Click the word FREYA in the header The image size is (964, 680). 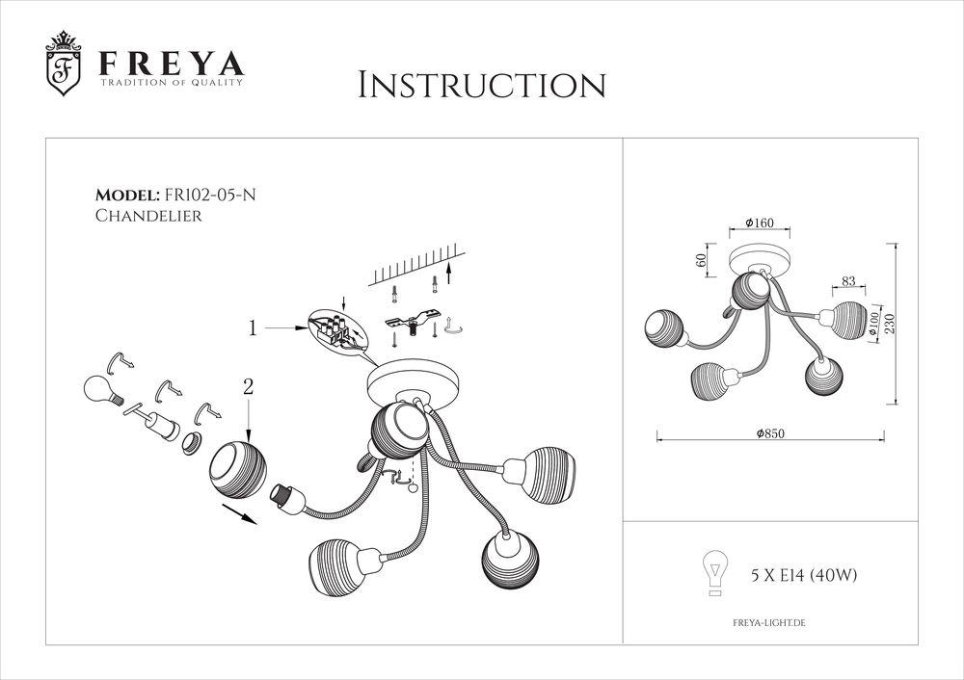(168, 65)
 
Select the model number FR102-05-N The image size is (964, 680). (209, 195)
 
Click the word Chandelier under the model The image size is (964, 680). (148, 217)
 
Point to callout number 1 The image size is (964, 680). (253, 328)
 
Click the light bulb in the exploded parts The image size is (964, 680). (97, 389)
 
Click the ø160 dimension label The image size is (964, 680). (759, 223)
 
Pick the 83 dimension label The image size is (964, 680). (847, 281)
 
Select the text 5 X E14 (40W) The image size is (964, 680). (804, 576)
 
